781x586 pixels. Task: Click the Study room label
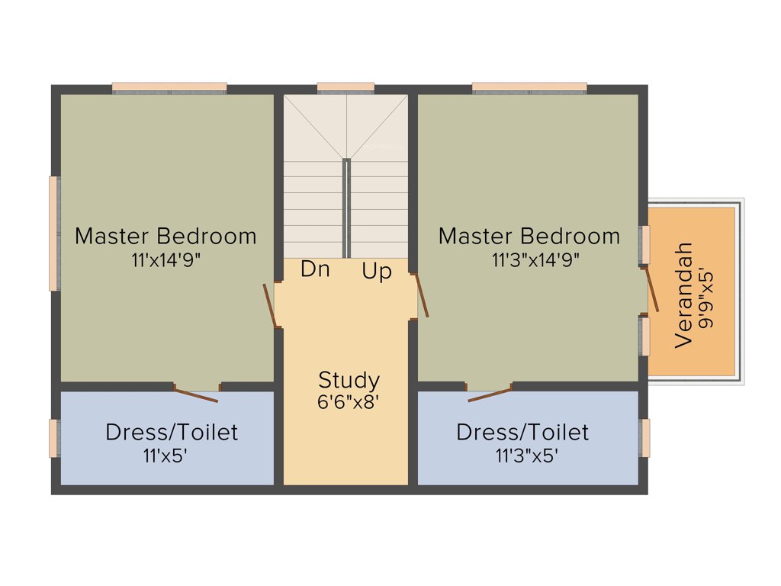[x=349, y=379]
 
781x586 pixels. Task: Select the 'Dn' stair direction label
[x=315, y=269]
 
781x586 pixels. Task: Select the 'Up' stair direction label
[x=377, y=272]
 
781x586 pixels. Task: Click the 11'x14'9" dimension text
[x=166, y=259]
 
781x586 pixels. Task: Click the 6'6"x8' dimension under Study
[x=349, y=402]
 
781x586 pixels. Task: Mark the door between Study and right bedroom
[x=421, y=295]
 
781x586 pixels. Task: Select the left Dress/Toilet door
[x=197, y=394]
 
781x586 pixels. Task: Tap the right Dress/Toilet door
[x=490, y=394]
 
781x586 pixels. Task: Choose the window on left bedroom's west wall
[x=54, y=233]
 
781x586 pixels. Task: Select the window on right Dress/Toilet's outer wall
[x=645, y=437]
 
